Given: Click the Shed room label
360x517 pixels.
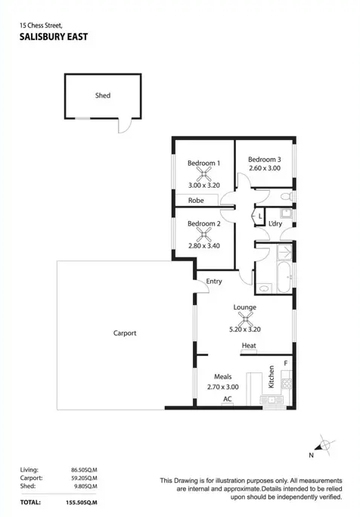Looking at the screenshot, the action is [103, 95].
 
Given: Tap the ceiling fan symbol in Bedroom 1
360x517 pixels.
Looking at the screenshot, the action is [204, 174].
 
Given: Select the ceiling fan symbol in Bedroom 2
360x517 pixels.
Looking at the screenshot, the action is [204, 235].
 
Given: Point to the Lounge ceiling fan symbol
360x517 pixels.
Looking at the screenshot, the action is [245, 319].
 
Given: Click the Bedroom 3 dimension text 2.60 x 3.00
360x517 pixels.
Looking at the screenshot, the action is [265, 168].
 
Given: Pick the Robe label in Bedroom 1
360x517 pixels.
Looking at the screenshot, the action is [196, 201].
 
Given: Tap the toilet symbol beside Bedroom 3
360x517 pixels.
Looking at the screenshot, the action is [287, 197].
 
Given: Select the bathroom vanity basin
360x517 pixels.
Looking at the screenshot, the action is [264, 289].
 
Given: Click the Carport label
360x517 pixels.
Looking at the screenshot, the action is [125, 333].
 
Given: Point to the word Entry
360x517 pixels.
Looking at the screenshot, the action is [214, 282].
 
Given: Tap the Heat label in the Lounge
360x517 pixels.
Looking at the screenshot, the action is [249, 345].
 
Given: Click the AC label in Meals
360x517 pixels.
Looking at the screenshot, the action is [228, 399].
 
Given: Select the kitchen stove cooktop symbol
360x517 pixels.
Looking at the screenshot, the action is [287, 384].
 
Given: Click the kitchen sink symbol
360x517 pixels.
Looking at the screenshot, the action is [272, 400].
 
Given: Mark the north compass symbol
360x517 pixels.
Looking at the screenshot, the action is [324, 445].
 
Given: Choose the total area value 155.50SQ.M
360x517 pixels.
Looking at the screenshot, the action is [82, 503].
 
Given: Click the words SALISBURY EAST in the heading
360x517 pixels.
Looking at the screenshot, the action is [54, 36].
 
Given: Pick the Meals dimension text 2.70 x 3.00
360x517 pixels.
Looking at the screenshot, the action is [223, 387].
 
